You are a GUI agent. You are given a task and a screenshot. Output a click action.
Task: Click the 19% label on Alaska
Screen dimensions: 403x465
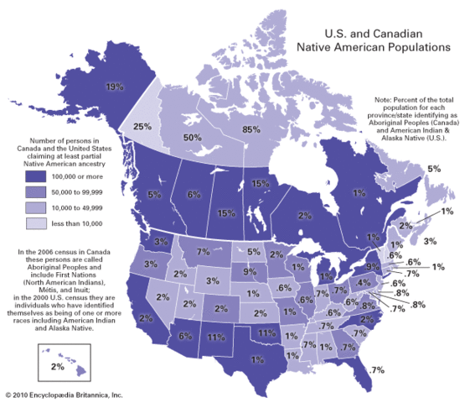coord(114,86)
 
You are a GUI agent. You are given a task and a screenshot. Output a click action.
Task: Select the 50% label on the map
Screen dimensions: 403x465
coord(193,137)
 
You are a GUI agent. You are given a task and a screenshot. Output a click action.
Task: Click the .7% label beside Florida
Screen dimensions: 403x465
coord(375,370)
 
